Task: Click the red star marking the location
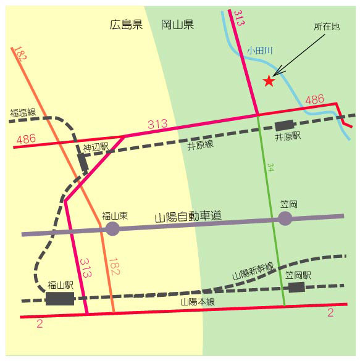269,81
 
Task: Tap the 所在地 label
327,27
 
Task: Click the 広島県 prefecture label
126,25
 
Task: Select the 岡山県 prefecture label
177,25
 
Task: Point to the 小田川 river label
260,51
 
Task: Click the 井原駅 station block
285,125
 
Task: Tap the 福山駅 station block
60,299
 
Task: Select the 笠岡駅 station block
296,288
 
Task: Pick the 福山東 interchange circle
112,229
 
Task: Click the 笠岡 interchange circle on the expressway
285,218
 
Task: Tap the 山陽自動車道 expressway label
188,217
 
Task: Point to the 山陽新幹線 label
253,271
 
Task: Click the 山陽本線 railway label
198,302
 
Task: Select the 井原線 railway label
201,145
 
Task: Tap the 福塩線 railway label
23,113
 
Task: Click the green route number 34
270,167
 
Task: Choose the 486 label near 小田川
315,99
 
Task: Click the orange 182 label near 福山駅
114,267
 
